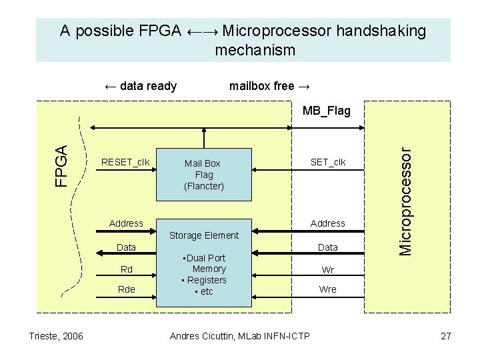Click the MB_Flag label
click(326, 111)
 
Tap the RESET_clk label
click(125, 162)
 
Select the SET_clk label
click(328, 162)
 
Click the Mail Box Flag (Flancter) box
click(203, 174)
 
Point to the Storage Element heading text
click(203, 235)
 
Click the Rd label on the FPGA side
click(126, 269)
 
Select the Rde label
click(126, 289)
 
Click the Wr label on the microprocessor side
click(328, 270)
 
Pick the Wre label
click(328, 289)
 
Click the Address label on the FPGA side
click(126, 223)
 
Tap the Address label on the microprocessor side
click(328, 223)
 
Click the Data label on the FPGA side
click(126, 247)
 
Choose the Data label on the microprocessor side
click(328, 247)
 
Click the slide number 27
click(446, 336)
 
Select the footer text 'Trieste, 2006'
click(56, 336)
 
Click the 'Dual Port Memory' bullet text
click(206, 263)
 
